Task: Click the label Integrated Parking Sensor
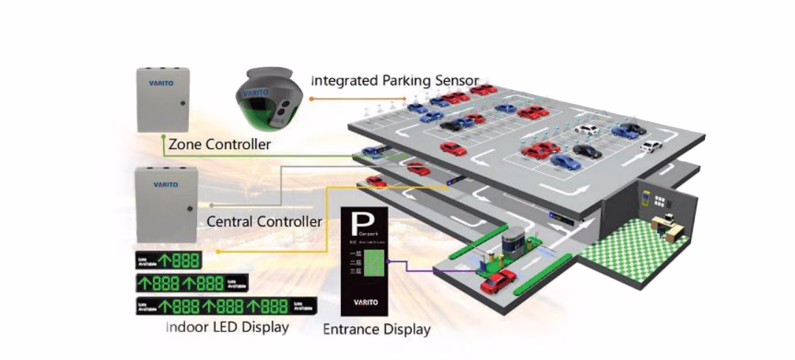coord(395,80)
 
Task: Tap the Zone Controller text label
coord(220,145)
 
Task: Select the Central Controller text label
coord(264,221)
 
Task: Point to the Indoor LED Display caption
coord(227,326)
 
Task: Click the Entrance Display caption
coord(376,329)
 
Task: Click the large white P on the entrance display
coord(363,221)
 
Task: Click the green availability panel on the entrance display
coord(376,261)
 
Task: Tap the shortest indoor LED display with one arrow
coord(168,260)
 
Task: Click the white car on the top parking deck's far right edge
coord(650,146)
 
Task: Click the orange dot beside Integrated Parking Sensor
coord(311,97)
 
